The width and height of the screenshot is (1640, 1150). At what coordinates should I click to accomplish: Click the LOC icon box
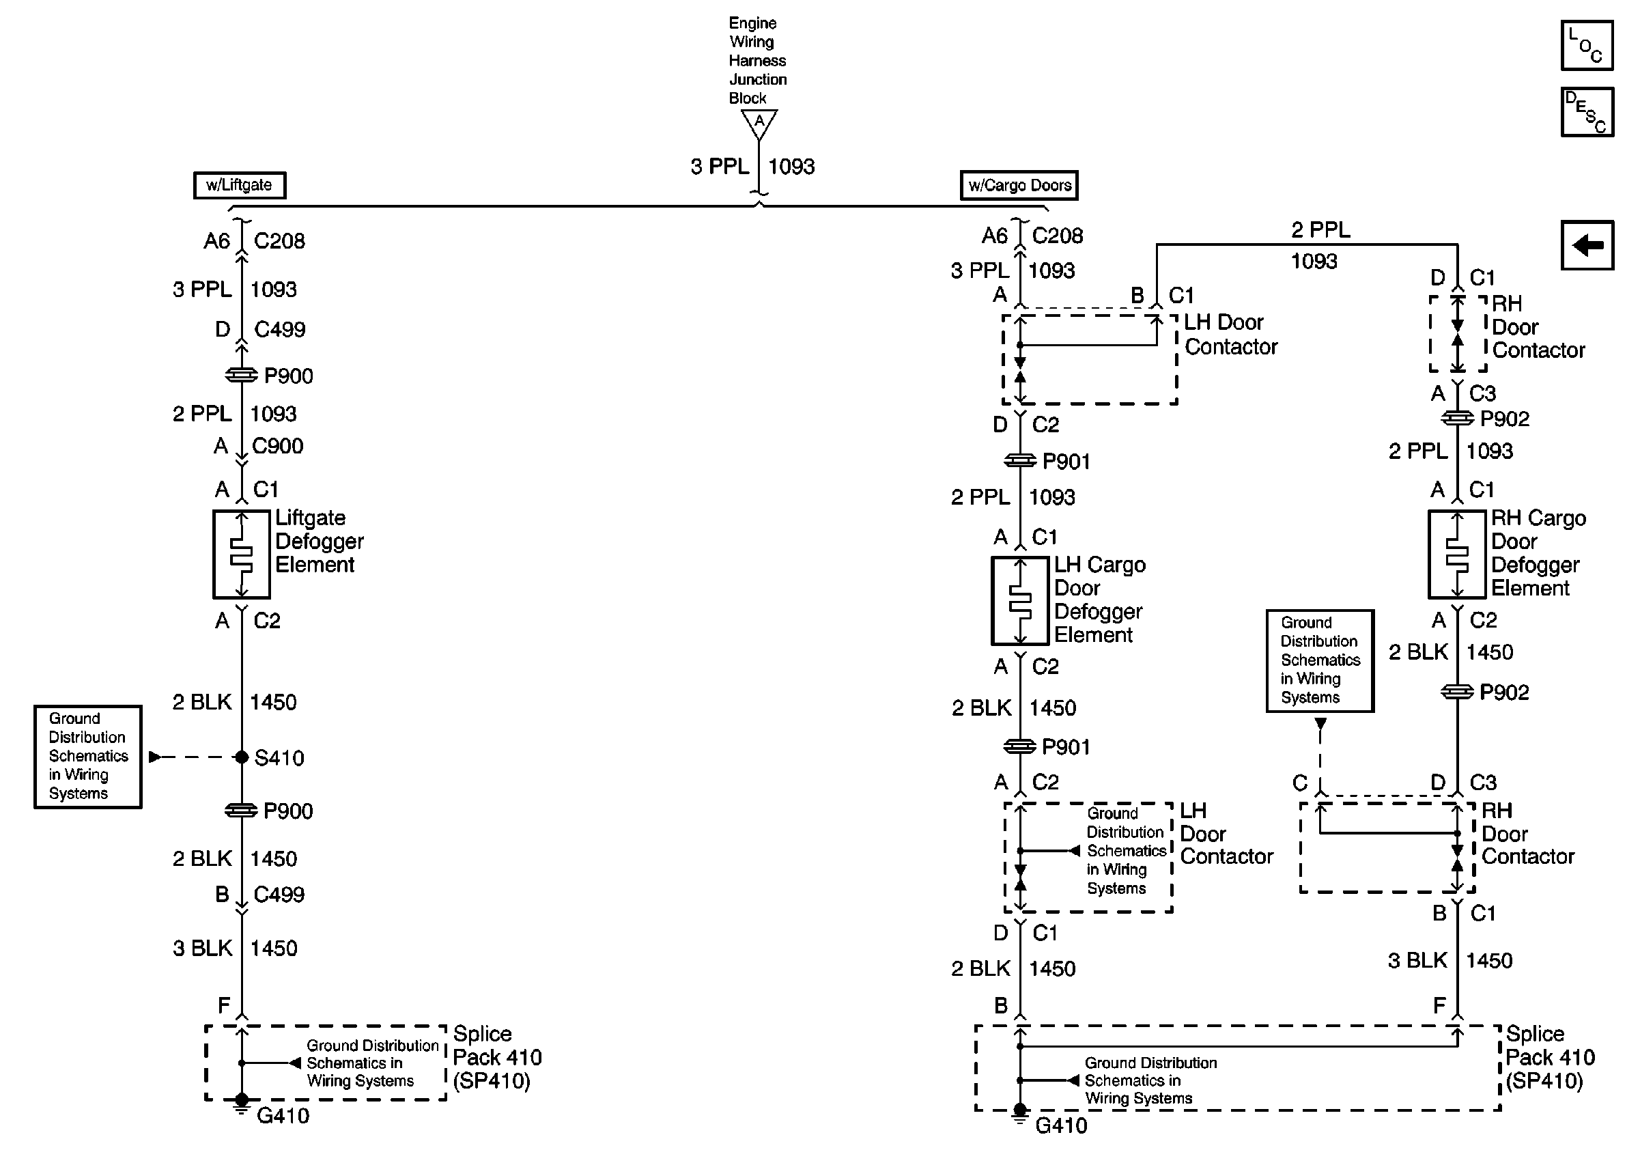coord(1587,46)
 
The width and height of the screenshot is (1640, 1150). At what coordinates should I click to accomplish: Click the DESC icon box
coord(1587,112)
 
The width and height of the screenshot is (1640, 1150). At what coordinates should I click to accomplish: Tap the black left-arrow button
coord(1587,245)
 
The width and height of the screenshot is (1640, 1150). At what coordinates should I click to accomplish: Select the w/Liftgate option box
coord(239,185)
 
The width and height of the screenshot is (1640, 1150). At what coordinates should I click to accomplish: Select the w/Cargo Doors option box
coord(1019,185)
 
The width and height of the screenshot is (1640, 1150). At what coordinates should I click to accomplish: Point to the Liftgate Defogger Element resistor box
coord(242,554)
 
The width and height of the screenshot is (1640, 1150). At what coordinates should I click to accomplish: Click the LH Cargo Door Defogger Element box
coord(1020,601)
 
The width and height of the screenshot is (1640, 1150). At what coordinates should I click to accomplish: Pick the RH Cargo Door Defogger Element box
coord(1457,554)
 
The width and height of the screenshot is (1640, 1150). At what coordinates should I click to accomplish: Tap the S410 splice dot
coord(242,757)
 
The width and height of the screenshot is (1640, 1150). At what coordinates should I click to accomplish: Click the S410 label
coord(279,758)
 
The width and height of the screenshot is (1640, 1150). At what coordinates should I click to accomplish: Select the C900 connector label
coord(278,446)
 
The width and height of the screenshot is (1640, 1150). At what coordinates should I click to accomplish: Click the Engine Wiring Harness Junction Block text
coord(757,61)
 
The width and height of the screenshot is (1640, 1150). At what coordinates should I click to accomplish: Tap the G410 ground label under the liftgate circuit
coord(283,1116)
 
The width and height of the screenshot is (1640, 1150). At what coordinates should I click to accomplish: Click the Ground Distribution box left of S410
coord(88,757)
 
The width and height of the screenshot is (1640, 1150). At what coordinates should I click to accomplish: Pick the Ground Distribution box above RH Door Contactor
coord(1320,661)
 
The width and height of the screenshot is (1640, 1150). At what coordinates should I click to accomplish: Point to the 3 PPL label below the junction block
coord(719,167)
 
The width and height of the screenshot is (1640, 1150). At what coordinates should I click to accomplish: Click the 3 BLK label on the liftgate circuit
coord(202,948)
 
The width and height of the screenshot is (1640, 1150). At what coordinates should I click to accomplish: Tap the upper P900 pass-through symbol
coord(242,375)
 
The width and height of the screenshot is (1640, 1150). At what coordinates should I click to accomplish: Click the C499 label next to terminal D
coord(280,329)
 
